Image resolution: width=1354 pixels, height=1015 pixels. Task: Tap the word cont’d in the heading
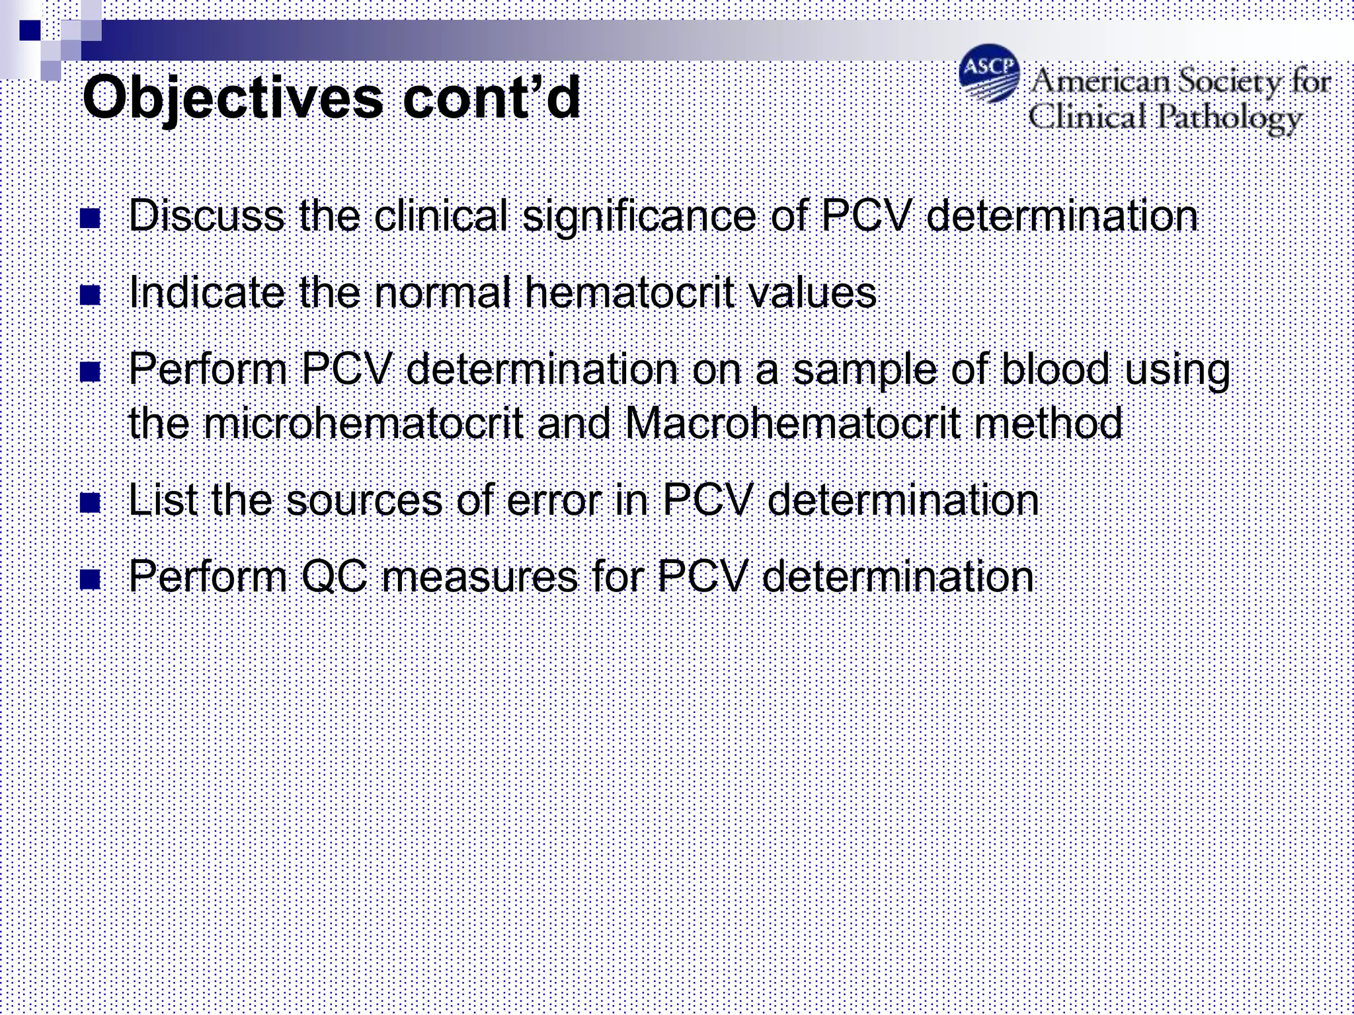pyautogui.click(x=491, y=98)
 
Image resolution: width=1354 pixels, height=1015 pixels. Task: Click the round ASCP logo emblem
pyautogui.click(x=989, y=73)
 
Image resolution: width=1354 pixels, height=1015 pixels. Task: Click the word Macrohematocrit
pyautogui.click(x=791, y=424)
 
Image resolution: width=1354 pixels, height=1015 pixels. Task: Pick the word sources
pyautogui.click(x=364, y=501)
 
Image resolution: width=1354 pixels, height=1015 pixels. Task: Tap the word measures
pyautogui.click(x=481, y=578)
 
